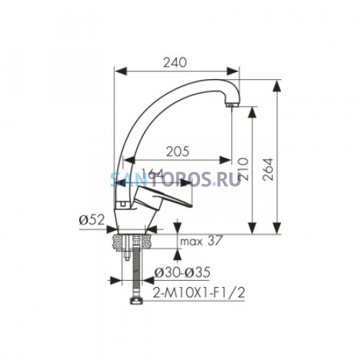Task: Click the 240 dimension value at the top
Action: [x=175, y=63]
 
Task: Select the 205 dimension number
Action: [x=178, y=151]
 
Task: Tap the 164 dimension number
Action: [x=152, y=173]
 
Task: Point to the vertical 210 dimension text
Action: [x=243, y=168]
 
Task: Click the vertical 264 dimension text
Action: [x=268, y=169]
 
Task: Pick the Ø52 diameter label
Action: [x=91, y=220]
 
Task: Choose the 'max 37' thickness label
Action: [x=200, y=241]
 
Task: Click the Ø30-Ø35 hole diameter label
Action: [x=182, y=272]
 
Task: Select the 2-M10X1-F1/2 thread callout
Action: [x=199, y=292]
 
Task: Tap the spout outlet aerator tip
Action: [x=232, y=105]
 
